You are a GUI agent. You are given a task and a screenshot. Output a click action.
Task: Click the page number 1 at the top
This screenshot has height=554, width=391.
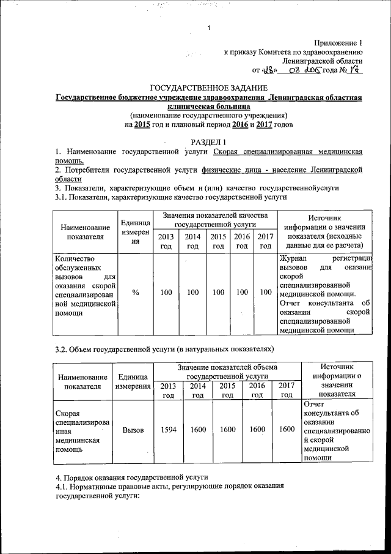pyautogui.click(x=209, y=28)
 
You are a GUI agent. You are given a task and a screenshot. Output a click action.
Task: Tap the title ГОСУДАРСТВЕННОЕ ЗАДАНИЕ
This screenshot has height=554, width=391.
pyautogui.click(x=210, y=89)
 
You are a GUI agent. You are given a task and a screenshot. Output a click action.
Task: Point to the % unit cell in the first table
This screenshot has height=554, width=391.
pyautogui.click(x=136, y=293)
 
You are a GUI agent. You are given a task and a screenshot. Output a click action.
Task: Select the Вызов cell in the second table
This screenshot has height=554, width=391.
pyautogui.click(x=133, y=430)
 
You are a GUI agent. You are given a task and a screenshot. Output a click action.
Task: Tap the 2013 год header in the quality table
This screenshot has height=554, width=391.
pyautogui.click(x=166, y=241)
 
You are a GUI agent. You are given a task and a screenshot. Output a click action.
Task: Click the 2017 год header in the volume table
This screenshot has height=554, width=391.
pyautogui.click(x=286, y=389)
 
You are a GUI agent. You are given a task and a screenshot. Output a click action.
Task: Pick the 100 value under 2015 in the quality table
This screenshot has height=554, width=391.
pyautogui.click(x=217, y=293)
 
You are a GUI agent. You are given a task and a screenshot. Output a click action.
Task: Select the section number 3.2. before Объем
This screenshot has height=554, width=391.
pyautogui.click(x=62, y=349)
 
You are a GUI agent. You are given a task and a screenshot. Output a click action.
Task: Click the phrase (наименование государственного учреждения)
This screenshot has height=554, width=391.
pyautogui.click(x=210, y=116)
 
